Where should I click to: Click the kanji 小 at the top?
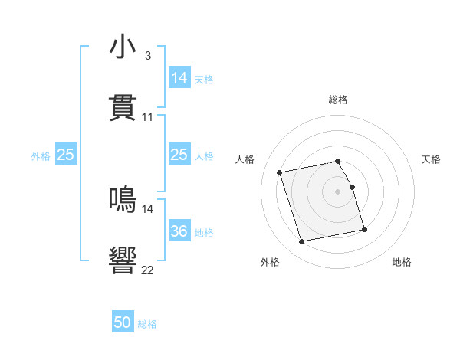click(x=123, y=47)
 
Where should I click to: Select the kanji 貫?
click(x=123, y=109)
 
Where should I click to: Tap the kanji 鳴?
click(x=123, y=201)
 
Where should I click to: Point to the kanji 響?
click(x=123, y=261)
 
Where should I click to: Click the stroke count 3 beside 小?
click(x=147, y=56)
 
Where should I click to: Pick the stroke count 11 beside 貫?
click(x=147, y=117)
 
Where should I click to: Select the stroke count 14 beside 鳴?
click(x=147, y=208)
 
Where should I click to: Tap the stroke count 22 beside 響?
click(x=147, y=270)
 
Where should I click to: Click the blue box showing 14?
click(x=179, y=78)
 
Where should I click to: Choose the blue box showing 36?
click(x=179, y=231)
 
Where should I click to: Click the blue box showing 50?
click(x=123, y=323)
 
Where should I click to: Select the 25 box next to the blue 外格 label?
click(x=66, y=155)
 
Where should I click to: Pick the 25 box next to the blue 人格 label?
click(x=179, y=155)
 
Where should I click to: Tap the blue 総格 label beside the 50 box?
click(x=147, y=324)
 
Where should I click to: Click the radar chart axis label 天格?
click(x=431, y=159)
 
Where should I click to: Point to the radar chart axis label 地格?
click(x=402, y=262)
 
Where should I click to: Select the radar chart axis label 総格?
click(x=338, y=100)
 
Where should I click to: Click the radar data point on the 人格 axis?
click(x=280, y=172)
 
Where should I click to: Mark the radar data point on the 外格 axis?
click(x=302, y=241)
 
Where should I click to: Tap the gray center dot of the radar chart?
click(x=338, y=191)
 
